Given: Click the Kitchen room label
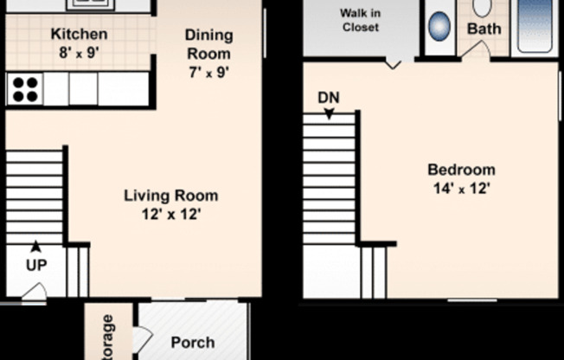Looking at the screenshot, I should click(x=79, y=35).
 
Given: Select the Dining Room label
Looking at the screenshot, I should click(x=208, y=44).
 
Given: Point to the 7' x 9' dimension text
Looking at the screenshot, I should click(x=208, y=73).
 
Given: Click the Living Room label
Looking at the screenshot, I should click(x=170, y=196).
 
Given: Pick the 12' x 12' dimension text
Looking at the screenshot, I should click(x=170, y=214).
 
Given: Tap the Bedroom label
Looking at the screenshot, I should click(x=461, y=170).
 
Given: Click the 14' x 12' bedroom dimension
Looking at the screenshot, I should click(x=461, y=188).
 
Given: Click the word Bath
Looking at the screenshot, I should click(x=484, y=29).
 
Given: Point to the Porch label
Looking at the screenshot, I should click(x=192, y=343).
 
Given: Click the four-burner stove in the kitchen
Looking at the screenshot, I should click(x=24, y=89).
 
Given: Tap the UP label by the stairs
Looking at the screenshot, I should click(x=35, y=266).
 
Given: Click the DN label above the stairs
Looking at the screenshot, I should click(x=328, y=97).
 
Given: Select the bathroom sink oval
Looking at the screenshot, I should click(x=439, y=26).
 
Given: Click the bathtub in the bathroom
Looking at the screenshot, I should click(x=533, y=26).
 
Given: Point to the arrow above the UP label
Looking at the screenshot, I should click(x=35, y=247).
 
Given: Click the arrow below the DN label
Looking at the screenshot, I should click(x=329, y=112).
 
